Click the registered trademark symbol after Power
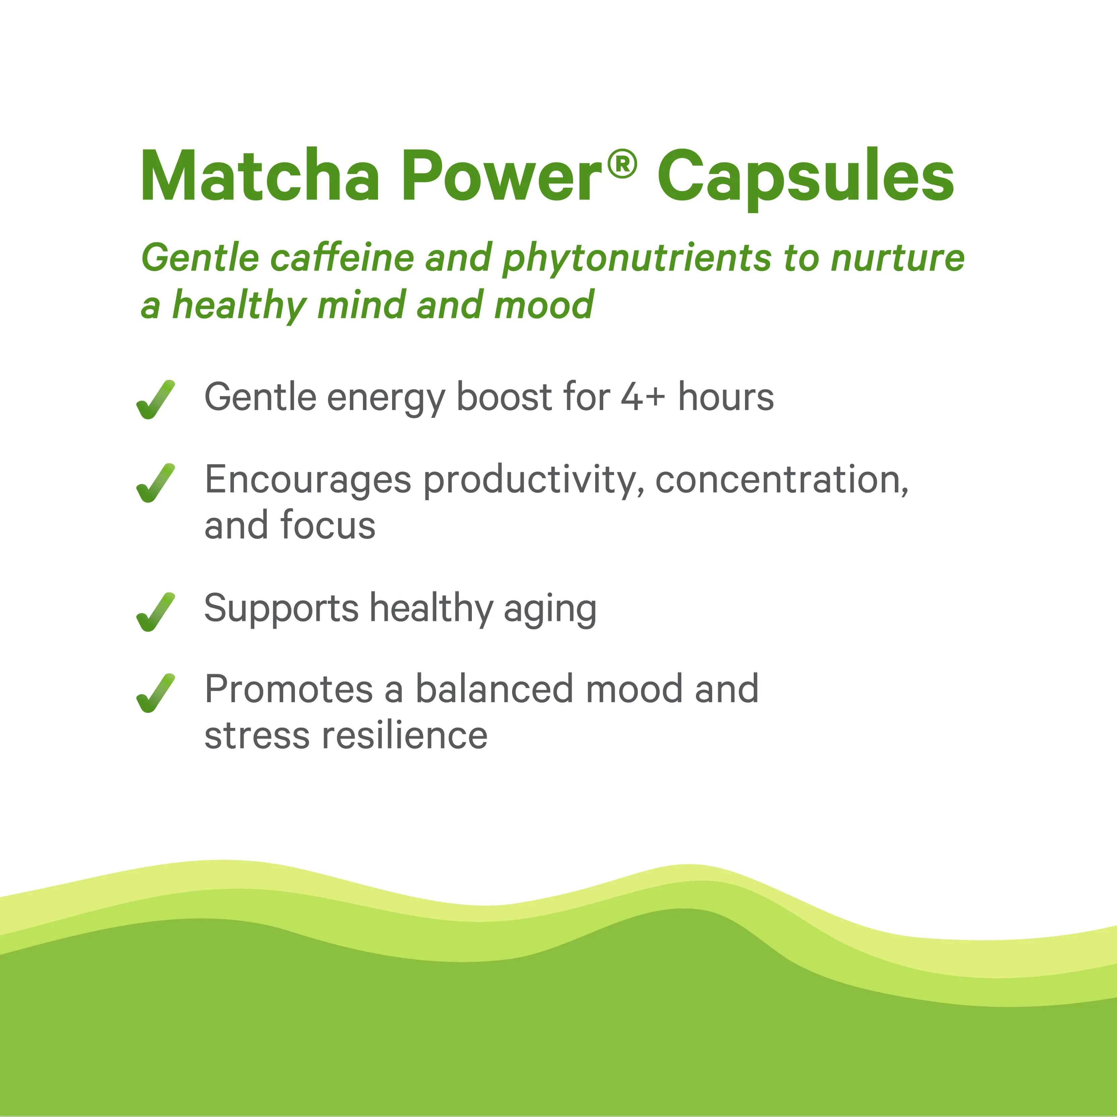pyautogui.click(x=622, y=164)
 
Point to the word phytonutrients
pyautogui.click(x=636, y=260)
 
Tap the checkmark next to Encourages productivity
pyautogui.click(x=155, y=483)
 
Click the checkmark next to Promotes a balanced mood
pyautogui.click(x=155, y=693)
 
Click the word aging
pyautogui.click(x=550, y=611)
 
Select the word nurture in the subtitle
pyautogui.click(x=897, y=258)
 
